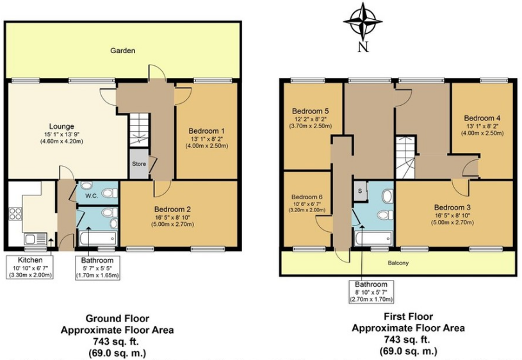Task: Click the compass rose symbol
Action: (x=363, y=20)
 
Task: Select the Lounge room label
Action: (x=61, y=126)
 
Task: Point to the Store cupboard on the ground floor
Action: (x=139, y=163)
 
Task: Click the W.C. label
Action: (x=92, y=196)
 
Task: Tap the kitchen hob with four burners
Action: (x=15, y=213)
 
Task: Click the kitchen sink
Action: (x=35, y=239)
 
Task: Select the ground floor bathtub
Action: (x=97, y=238)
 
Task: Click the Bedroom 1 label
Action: (x=207, y=131)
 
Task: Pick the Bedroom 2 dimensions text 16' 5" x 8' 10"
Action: (x=172, y=217)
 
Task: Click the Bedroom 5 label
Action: (x=310, y=111)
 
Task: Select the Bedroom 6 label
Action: (x=307, y=197)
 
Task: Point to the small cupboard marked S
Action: (x=360, y=191)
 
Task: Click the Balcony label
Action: (x=398, y=263)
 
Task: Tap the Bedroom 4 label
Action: (x=482, y=119)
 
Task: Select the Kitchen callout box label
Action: (x=30, y=260)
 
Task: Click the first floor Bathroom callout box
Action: (x=371, y=291)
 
